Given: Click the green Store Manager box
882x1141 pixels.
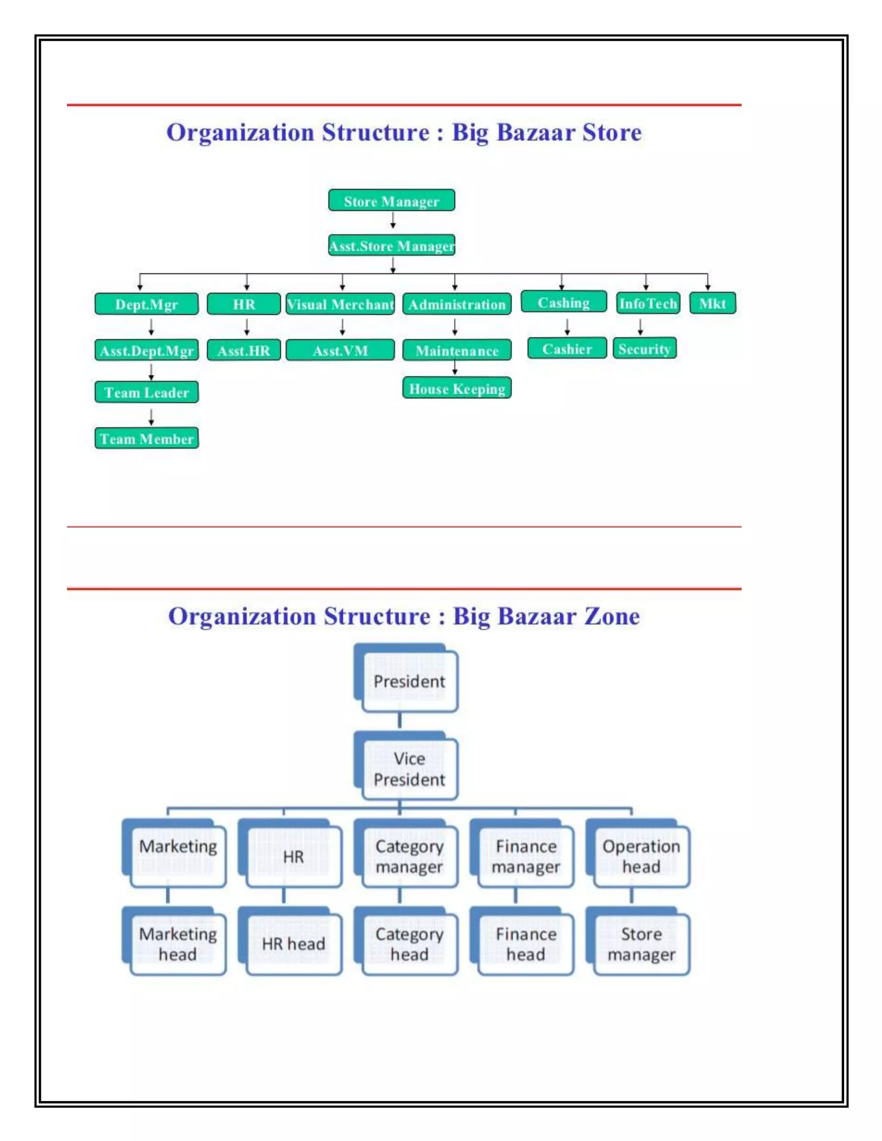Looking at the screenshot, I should pos(391,201).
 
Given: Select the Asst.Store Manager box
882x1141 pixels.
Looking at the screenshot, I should pos(391,245).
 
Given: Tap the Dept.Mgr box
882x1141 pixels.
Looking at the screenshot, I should pos(146,304).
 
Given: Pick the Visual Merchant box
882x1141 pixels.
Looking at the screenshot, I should pos(340,304).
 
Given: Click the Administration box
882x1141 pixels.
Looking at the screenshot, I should pos(457,304).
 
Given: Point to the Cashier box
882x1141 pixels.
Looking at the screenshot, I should pos(567,348).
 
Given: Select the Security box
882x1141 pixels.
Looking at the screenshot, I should pos(644,348).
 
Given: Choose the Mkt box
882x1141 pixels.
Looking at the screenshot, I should pos(712,303).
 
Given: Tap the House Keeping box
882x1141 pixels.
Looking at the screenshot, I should pos(457,388).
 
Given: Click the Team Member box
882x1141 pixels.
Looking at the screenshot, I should pos(146,438).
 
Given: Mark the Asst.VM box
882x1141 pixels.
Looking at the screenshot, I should pos(340,350).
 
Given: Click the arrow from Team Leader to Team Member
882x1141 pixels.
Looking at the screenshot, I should pos(151,417).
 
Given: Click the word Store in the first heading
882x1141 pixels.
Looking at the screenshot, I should pos(612,132).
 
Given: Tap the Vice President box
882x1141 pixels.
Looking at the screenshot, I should pos(409,769).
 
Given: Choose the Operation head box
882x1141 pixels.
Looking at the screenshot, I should pos(641,857).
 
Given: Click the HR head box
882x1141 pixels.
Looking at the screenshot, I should pos(293,944).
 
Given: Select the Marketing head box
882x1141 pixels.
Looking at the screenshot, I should pos(178,944).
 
